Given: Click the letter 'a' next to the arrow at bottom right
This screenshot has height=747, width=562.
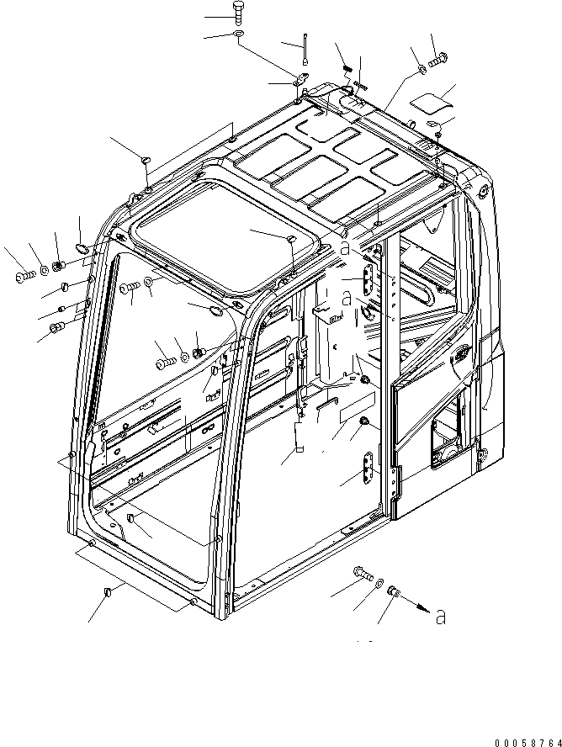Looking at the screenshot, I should coord(440,618).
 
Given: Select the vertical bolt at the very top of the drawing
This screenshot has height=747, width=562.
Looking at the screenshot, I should coord(237,16).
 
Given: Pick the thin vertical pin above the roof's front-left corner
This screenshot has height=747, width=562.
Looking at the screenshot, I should coord(306,51).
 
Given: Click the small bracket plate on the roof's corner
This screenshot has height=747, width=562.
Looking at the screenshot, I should coord(300,80).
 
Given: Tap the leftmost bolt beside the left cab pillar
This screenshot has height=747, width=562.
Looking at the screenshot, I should coord(22,273).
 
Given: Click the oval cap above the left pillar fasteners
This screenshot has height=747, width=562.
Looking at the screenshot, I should coord(83,247).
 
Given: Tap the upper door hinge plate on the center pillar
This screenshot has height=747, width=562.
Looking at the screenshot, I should coord(368,276).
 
